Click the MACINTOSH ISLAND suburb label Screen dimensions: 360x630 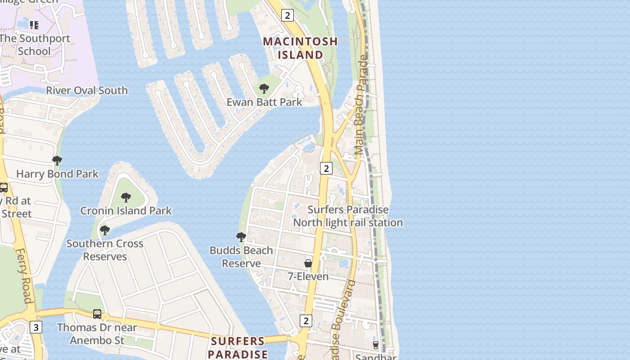300,48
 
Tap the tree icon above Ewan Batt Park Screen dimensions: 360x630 264,88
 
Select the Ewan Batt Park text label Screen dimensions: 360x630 264,102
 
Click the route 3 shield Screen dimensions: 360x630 36,327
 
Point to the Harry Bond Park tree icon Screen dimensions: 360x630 57,160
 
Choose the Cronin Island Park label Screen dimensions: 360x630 126,211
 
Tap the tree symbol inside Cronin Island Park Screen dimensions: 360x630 126,197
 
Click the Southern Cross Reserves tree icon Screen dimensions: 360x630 105,230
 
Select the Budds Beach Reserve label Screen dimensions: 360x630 241,257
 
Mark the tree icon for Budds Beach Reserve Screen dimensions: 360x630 241,237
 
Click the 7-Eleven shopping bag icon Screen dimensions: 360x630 308,263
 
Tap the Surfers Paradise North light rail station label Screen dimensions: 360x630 348,216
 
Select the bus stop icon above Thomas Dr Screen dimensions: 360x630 97,314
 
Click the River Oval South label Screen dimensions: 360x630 87,90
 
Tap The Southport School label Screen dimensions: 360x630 35,45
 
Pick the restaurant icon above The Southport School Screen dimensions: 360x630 34,25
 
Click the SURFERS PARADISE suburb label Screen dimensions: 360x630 238,347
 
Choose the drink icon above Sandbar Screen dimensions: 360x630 375,345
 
